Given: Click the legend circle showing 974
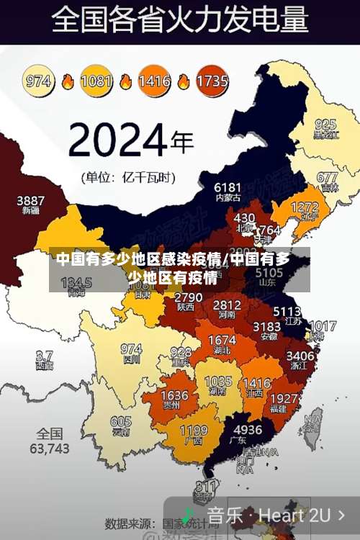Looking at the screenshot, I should [x=40, y=81].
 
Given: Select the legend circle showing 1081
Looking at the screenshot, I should [x=96, y=81].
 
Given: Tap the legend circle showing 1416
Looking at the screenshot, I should [x=154, y=81].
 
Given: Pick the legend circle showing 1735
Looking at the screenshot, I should [x=212, y=81].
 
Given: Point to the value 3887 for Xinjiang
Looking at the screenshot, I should [x=31, y=200].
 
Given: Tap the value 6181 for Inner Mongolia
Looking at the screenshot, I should [x=228, y=187].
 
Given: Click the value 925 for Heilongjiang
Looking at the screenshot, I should [x=325, y=125].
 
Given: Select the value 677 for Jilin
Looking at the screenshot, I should [x=327, y=177].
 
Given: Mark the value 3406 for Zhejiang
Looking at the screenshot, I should [x=300, y=356].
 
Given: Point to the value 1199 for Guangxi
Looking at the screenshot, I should [x=193, y=431].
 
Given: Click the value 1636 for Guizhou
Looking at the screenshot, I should [x=174, y=395].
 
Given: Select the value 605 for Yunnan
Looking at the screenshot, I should [x=121, y=421].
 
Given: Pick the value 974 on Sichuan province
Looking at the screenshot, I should [x=131, y=348].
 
